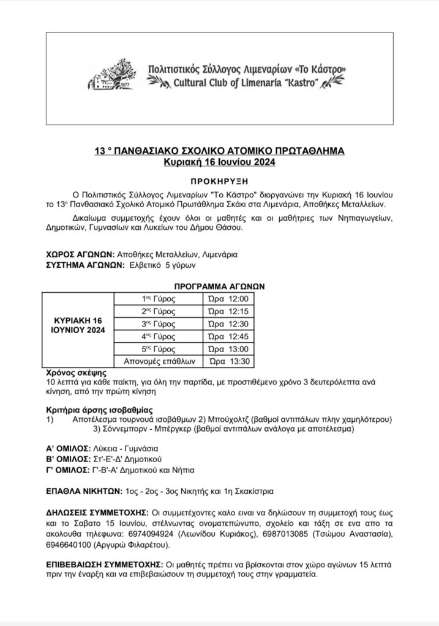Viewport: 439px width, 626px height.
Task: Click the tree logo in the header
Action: [x=114, y=76]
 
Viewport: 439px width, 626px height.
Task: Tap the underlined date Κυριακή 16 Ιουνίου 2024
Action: [x=220, y=163]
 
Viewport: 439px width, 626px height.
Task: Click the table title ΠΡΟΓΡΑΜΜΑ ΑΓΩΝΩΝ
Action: [x=219, y=286]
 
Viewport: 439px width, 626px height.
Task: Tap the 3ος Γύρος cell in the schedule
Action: [x=159, y=324]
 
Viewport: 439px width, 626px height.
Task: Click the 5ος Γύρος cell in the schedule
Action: [x=159, y=349]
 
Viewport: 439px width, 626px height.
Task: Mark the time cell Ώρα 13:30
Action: [x=228, y=361]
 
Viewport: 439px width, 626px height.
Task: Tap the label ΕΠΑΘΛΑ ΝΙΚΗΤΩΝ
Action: [x=85, y=490]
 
